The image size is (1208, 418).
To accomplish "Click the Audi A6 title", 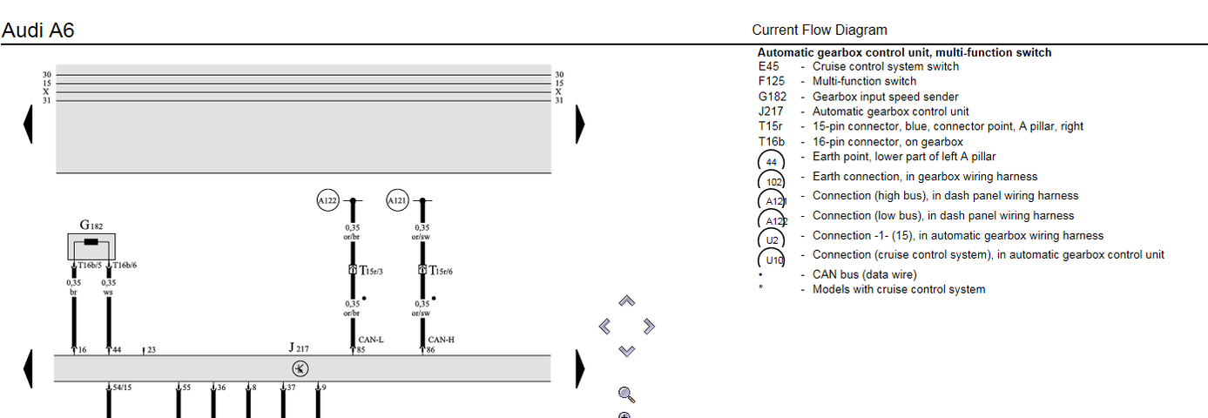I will point(38,30).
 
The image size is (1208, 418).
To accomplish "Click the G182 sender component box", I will point(91,246).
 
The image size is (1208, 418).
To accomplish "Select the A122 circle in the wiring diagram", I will point(327,201).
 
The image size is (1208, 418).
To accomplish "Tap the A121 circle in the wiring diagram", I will point(397,201).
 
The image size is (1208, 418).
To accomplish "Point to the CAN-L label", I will point(370,340).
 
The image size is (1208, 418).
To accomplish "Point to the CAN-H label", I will point(441,340).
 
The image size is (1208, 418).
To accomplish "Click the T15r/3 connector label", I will point(371,271).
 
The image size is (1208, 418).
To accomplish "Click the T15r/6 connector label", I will point(441,271).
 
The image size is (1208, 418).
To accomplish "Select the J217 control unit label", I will point(299,347).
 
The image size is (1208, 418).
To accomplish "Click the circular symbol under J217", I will point(300,368).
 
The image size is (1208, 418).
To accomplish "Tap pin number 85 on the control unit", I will point(361,350).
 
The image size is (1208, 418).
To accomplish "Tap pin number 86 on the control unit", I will point(430,350).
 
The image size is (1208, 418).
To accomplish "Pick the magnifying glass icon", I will point(625,395).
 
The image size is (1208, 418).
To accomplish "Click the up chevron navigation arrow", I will point(626,301).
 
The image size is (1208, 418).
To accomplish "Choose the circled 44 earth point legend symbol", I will point(771,161).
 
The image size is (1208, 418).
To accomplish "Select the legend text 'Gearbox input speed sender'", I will point(885,97).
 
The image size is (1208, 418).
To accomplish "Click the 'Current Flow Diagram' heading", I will point(820,30).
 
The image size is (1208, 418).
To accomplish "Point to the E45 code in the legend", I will point(768,66).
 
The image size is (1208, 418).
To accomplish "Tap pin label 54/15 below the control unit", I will point(122,387).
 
